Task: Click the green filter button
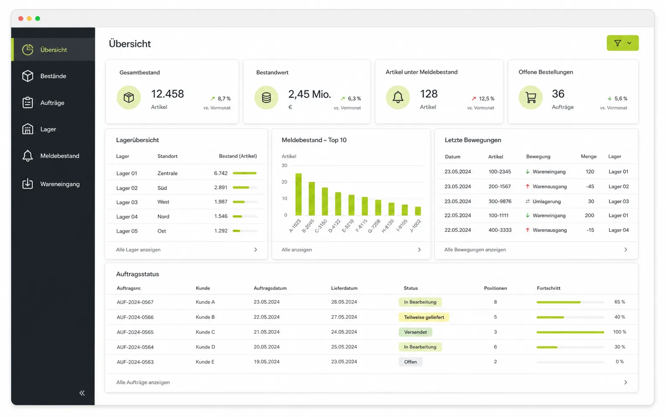point(622,43)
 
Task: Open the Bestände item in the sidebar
point(53,76)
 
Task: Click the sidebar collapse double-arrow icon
point(82,393)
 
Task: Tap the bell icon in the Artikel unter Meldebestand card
point(398,98)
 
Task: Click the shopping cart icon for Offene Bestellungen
point(531,98)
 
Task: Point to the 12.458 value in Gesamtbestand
point(168,94)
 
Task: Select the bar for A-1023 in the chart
point(298,194)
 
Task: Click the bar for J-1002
point(418,211)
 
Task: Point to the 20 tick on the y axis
point(285,182)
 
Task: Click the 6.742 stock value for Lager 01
point(220,173)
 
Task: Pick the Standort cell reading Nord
point(163,216)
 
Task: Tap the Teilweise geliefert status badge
point(424,317)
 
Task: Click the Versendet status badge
point(415,332)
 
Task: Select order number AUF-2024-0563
point(135,362)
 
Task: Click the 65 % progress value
point(620,302)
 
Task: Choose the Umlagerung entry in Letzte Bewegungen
point(546,201)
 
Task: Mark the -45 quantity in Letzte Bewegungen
point(590,187)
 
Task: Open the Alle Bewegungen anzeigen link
point(475,250)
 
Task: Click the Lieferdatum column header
point(344,288)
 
